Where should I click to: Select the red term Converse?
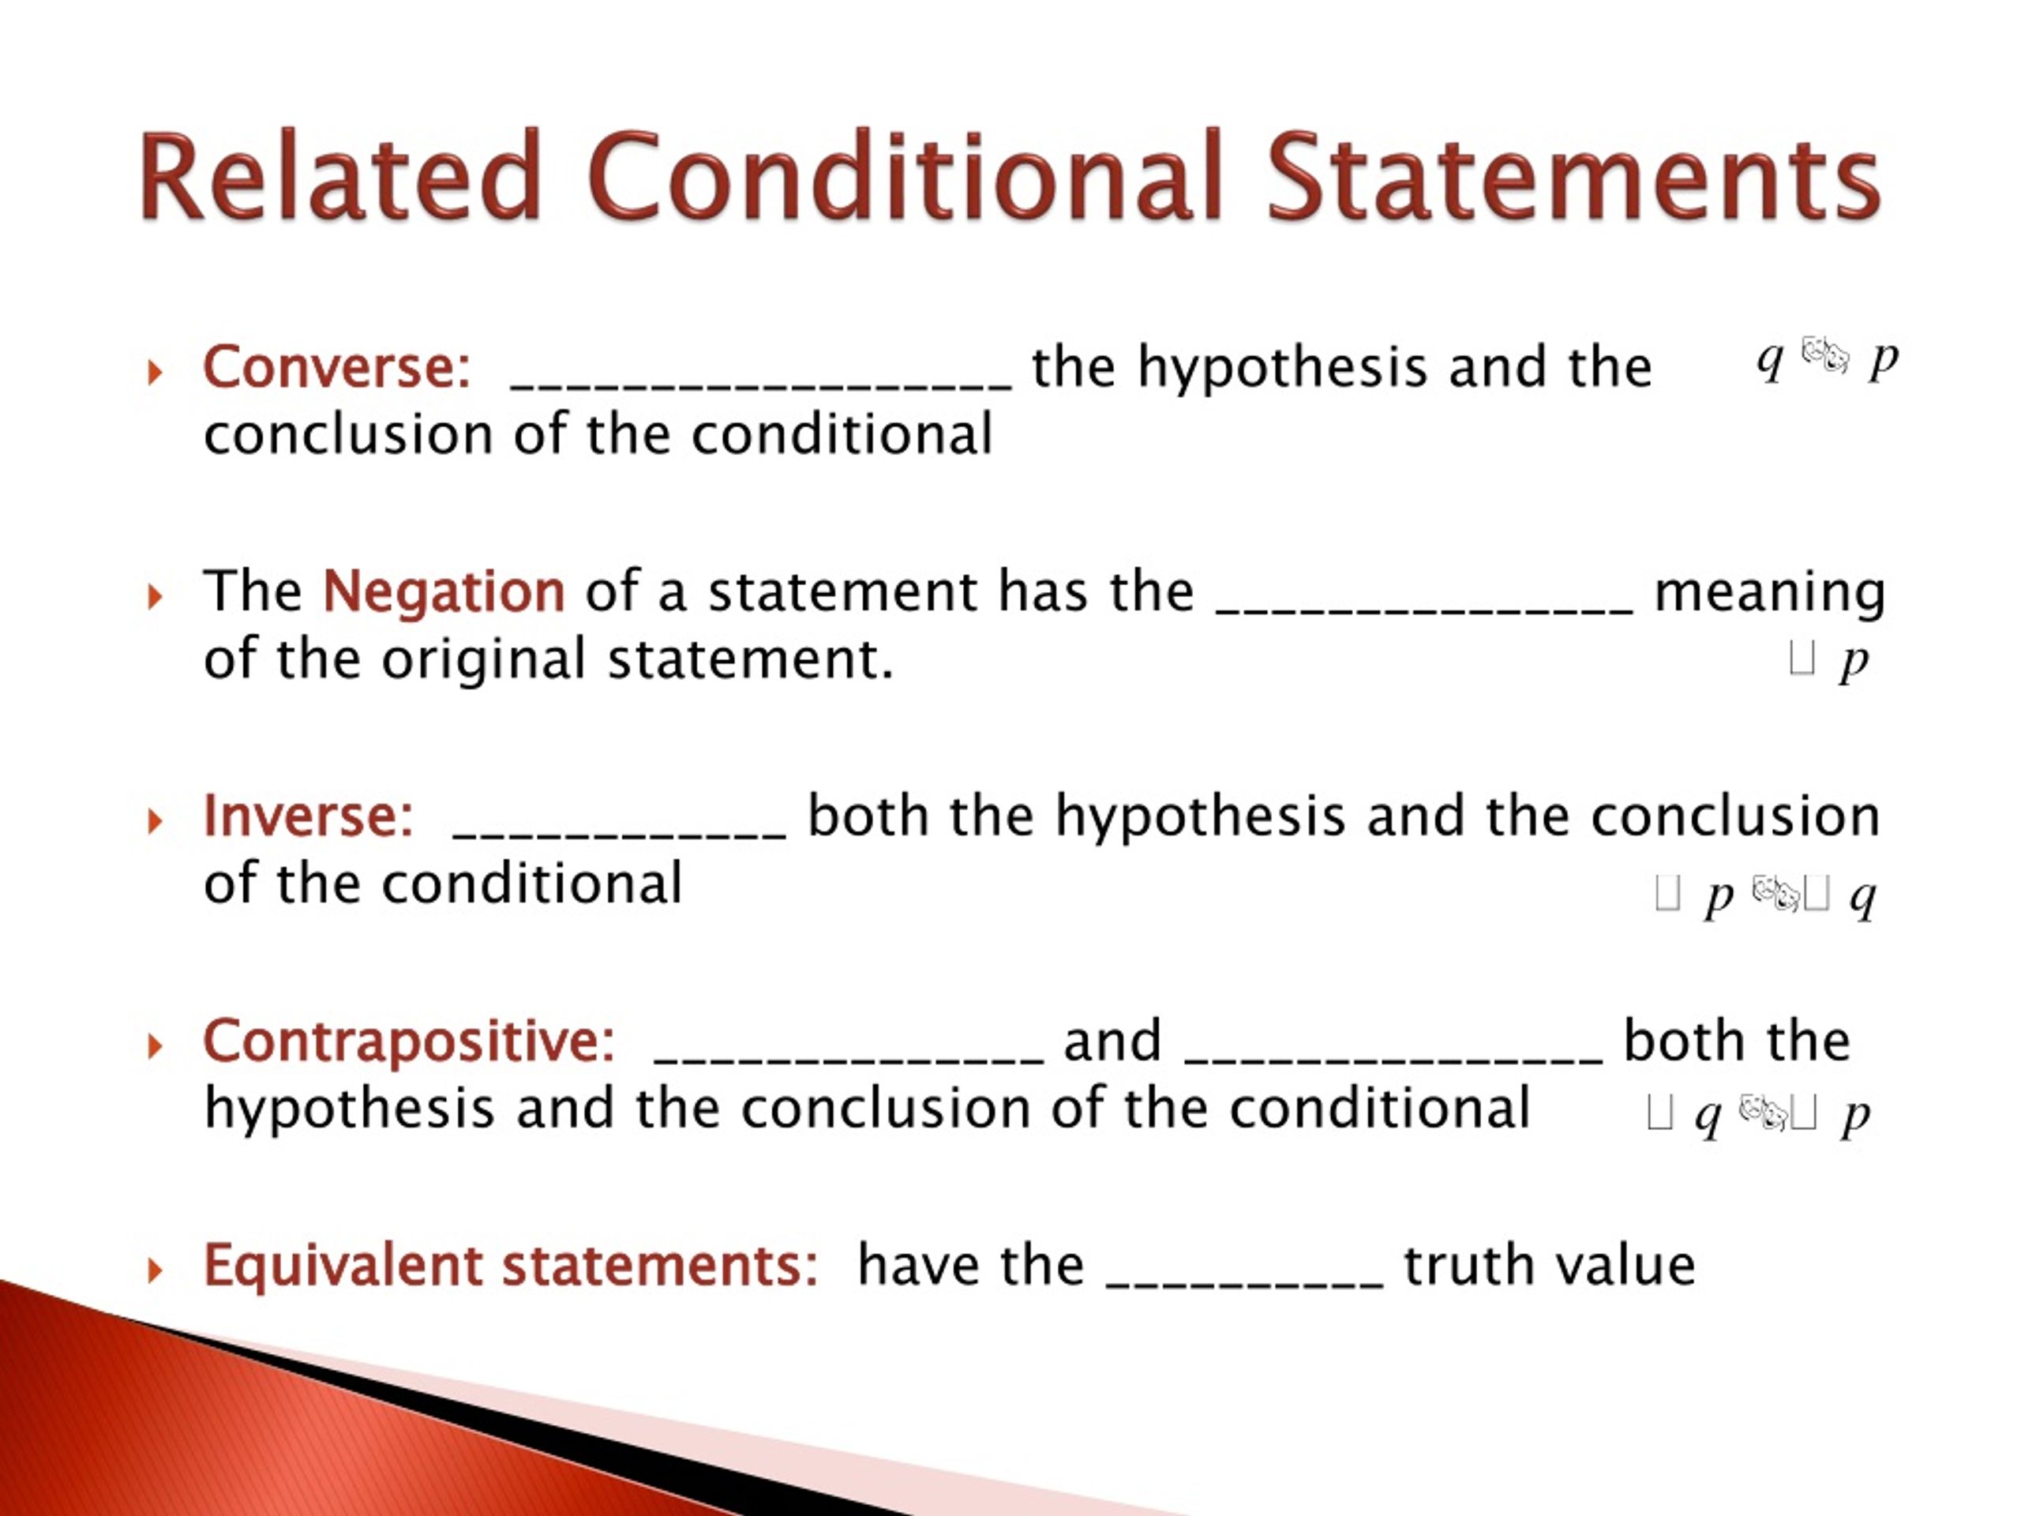coord(336,367)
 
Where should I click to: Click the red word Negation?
coord(444,591)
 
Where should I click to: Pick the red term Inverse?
coord(308,815)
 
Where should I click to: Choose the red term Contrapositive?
coord(408,1040)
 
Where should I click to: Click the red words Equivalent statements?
coord(510,1266)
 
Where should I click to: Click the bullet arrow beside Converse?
coord(155,372)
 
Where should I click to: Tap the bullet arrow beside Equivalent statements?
coord(155,1270)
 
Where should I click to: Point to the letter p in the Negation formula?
coord(1854,660)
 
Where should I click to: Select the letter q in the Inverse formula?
coord(1863,897)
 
